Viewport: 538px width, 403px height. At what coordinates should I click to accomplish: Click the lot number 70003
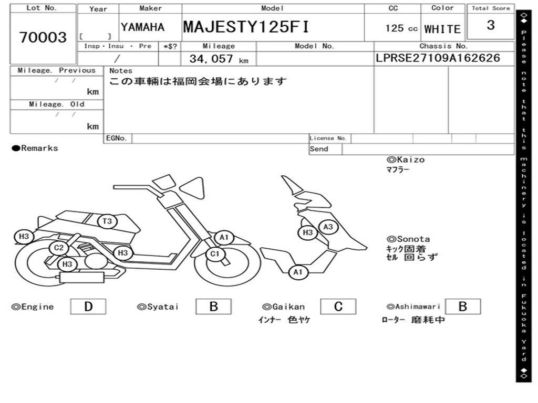point(43,37)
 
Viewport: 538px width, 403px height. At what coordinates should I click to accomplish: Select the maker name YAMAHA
point(142,27)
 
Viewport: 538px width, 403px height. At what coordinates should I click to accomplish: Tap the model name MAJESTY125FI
point(246,27)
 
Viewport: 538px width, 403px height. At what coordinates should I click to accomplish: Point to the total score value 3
point(491,25)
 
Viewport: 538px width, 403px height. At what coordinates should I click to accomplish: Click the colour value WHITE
point(442,29)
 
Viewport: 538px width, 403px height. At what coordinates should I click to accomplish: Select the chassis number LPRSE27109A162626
point(438,58)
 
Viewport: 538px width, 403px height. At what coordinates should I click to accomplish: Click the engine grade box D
point(88,306)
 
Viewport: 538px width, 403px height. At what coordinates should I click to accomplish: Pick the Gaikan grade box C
point(338,306)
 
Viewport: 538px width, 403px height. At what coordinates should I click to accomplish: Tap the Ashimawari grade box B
point(463,306)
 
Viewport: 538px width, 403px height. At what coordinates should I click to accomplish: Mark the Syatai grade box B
point(213,306)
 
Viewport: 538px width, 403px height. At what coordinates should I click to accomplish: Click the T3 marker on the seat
point(107,221)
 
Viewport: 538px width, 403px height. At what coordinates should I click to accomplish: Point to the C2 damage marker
point(58,248)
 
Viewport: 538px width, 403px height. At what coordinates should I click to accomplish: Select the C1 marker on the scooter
point(214,254)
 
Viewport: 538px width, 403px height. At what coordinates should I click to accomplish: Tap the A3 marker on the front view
point(328,227)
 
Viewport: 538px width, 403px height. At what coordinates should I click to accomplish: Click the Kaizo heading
point(406,160)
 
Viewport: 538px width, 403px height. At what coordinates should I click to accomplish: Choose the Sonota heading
point(408,239)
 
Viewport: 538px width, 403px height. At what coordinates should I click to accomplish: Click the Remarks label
point(35,149)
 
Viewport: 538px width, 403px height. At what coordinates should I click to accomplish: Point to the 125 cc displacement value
point(401,28)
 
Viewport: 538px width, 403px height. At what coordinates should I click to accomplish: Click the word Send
point(319,149)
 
